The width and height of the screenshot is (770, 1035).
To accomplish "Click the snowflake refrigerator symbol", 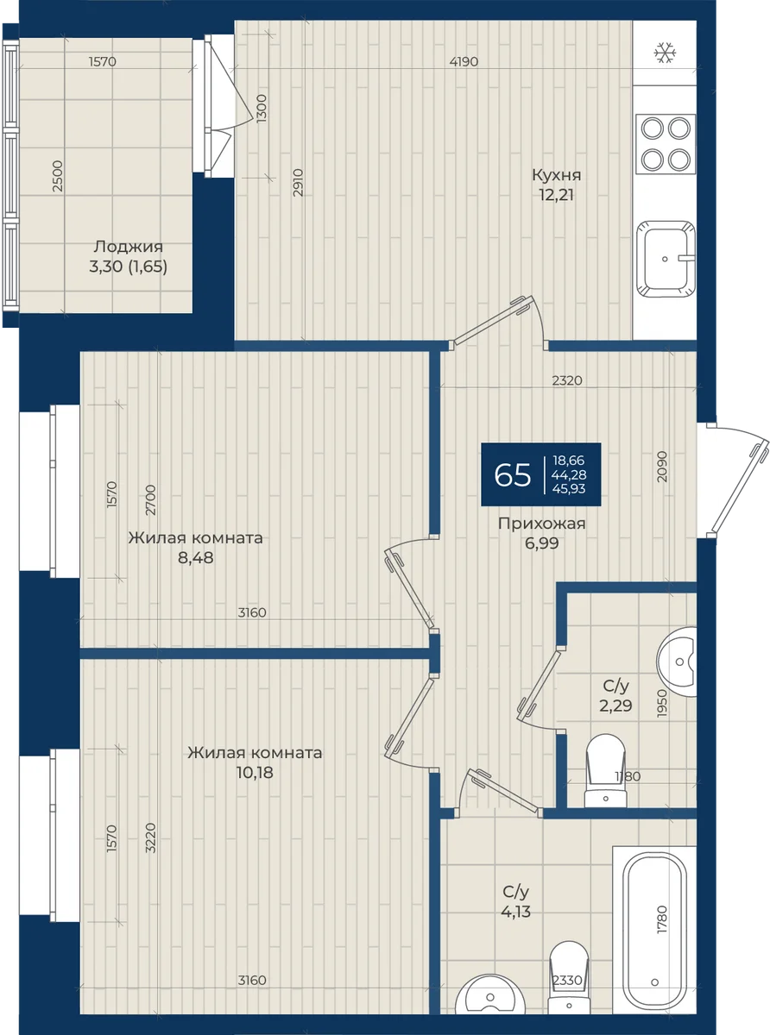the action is (x=666, y=53).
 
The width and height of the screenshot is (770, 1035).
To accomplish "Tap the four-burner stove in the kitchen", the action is (x=666, y=144).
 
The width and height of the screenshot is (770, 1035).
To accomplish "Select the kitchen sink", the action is (x=666, y=259).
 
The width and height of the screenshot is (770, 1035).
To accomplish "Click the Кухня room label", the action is (x=556, y=175).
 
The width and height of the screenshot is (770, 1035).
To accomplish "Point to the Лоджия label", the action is (x=128, y=247).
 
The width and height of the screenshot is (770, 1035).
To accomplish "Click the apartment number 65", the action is (x=512, y=475).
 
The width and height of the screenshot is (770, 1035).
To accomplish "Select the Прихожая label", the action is (x=541, y=524).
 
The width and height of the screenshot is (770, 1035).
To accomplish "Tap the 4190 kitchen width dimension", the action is (x=464, y=61).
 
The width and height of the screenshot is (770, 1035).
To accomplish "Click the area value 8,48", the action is (x=196, y=558).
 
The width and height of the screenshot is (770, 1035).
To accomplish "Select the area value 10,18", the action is (x=255, y=772).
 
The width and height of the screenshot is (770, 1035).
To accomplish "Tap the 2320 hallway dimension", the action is (x=567, y=380).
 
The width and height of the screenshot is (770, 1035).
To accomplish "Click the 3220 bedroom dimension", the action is (x=150, y=837).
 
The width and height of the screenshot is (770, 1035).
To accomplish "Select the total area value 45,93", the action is (x=569, y=488).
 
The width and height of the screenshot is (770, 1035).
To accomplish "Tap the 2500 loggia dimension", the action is (x=57, y=176).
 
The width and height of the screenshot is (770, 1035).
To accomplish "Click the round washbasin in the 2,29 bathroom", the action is (x=677, y=662).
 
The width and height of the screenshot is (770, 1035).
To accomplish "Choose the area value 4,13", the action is (x=516, y=912).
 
